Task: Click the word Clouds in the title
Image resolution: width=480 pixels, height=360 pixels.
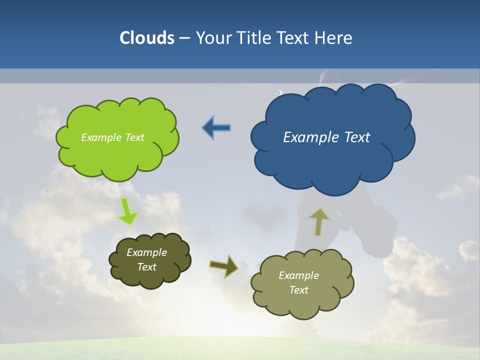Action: coord(147,38)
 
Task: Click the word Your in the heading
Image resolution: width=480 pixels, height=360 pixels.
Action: coord(213,38)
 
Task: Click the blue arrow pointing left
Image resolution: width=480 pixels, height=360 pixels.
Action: coord(216,128)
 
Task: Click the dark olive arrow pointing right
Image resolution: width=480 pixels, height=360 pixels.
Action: coord(223,266)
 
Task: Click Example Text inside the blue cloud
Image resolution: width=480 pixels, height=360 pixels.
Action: coord(326,137)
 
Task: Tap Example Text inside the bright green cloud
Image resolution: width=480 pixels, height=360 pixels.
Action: coord(112,137)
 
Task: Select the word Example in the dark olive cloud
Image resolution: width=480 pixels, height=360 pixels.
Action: coord(146,252)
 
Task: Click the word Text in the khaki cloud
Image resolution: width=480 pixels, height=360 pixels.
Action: coord(298,290)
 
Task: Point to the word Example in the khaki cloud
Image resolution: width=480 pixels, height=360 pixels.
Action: coord(298,275)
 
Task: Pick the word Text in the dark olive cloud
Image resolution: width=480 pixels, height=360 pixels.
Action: coord(146,267)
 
